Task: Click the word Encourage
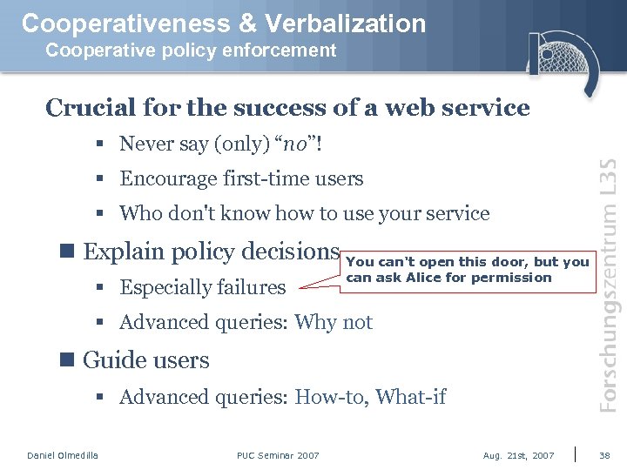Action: click(x=170, y=178)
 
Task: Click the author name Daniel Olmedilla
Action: click(x=63, y=455)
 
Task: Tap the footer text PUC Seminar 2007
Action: click(x=278, y=455)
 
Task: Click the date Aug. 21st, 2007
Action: click(x=518, y=455)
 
